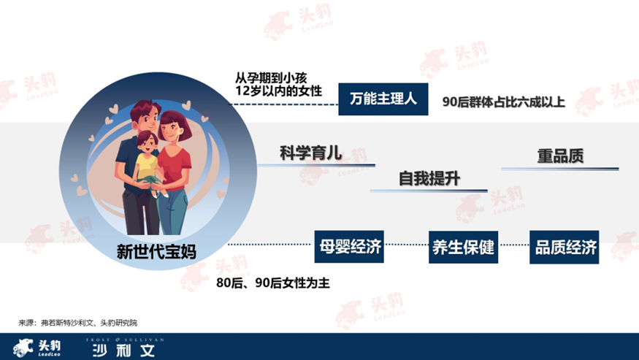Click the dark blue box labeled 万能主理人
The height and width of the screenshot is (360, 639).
coord(383,99)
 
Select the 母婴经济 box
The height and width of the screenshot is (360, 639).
coord(349,247)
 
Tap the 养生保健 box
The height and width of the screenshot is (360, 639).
coord(463,247)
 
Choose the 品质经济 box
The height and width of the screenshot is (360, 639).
coord(565,247)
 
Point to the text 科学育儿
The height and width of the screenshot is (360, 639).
coord(310,153)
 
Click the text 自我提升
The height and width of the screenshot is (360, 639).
coord(429,179)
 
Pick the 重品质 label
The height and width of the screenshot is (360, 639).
coord(560,156)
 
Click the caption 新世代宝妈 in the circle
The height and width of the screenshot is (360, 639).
coord(156,251)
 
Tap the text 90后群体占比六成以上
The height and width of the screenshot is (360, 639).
coord(504,102)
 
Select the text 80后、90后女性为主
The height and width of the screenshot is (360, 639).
coord(273,283)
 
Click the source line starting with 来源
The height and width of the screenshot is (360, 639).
coord(78,323)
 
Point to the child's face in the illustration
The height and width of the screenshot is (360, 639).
coord(148,142)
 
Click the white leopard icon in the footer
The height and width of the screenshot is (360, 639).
coord(23,348)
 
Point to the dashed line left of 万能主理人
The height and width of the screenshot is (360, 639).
coord(283,104)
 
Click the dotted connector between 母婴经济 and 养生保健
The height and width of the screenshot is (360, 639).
coord(406,245)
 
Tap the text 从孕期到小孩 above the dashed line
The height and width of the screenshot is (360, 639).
coord(271,77)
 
